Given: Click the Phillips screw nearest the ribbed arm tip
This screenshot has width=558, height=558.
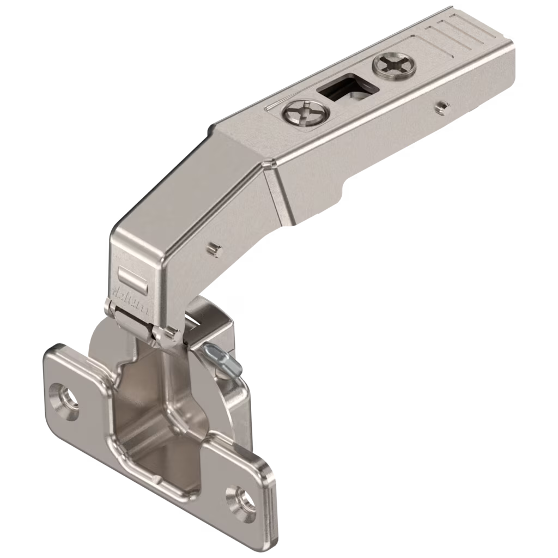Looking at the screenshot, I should point(395,66).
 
